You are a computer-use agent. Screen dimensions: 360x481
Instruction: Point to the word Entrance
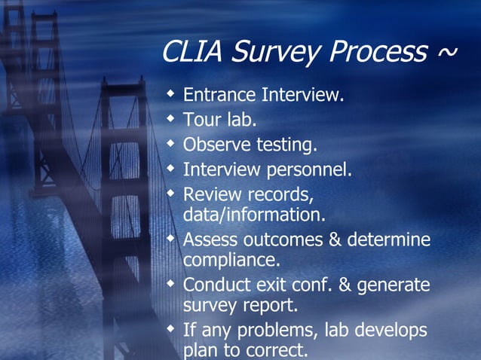(x=219, y=96)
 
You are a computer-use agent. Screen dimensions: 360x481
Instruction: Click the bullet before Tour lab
(x=172, y=118)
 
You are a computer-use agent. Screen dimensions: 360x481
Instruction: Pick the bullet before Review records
(x=172, y=191)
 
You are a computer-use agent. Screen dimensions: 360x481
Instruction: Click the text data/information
(x=254, y=215)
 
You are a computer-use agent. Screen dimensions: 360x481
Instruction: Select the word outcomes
(x=280, y=240)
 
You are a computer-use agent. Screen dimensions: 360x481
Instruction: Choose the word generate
(x=397, y=286)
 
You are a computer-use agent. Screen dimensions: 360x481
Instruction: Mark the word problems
(x=279, y=331)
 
